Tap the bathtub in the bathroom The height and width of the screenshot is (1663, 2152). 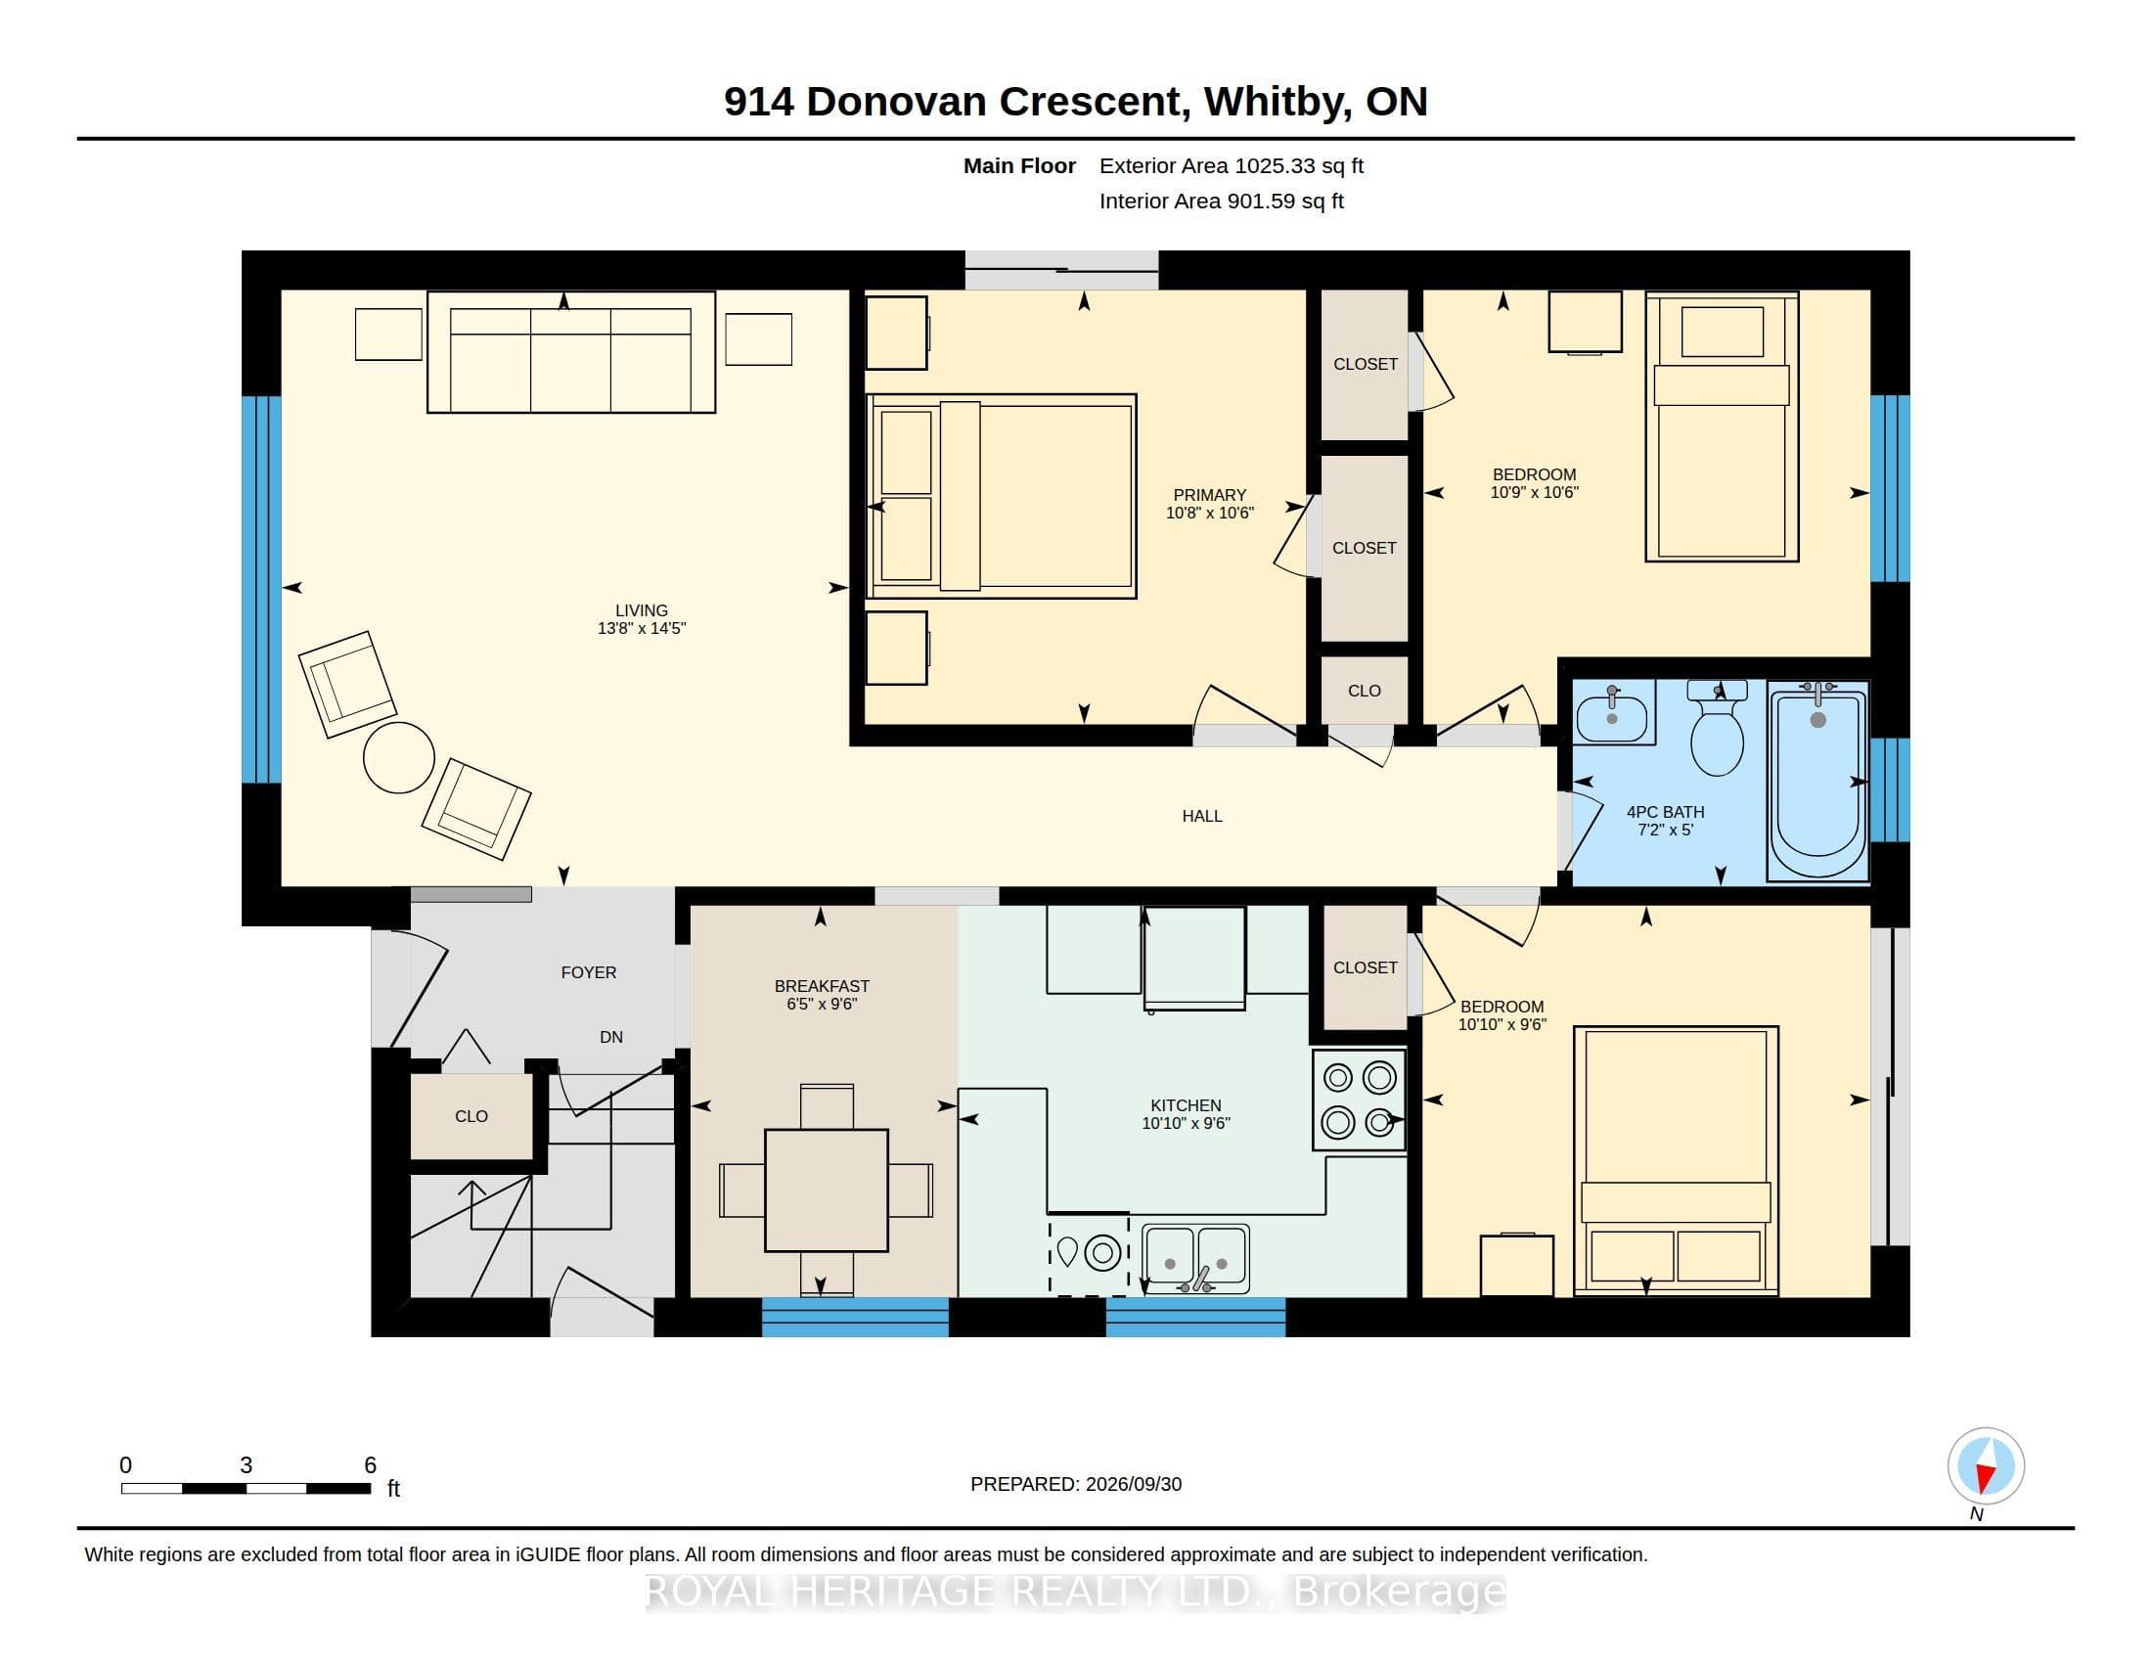(x=1818, y=781)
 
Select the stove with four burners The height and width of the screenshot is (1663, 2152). (x=1359, y=1100)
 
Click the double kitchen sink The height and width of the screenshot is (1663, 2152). (x=1195, y=1258)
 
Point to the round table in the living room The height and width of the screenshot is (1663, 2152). (x=399, y=756)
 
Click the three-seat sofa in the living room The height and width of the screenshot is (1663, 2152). (x=570, y=352)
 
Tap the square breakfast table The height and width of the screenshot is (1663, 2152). (x=826, y=1191)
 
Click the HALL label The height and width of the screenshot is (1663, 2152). (x=1202, y=816)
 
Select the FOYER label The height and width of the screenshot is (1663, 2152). (x=588, y=972)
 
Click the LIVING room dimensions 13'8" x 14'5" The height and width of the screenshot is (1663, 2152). (x=642, y=629)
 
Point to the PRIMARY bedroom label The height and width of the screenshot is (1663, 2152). (x=1209, y=495)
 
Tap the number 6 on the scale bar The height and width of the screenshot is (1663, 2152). (x=371, y=1465)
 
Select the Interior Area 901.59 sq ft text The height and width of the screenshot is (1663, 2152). (x=1222, y=201)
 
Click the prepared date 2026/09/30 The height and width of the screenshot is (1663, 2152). (x=1133, y=1484)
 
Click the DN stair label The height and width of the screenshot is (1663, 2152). (x=611, y=1036)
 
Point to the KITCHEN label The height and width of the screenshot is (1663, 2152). (x=1186, y=1105)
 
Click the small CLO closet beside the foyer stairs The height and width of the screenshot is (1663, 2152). (x=471, y=1116)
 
